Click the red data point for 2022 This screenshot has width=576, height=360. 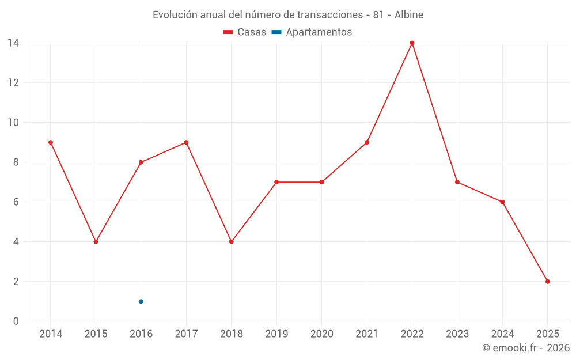(x=412, y=43)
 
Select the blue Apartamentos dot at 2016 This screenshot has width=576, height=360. (x=141, y=301)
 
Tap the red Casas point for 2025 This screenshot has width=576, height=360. (x=547, y=282)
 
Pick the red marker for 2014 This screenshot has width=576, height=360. (x=51, y=142)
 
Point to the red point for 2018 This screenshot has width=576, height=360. (x=231, y=242)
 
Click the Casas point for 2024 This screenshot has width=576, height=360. (x=502, y=202)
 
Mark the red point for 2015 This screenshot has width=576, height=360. (x=96, y=242)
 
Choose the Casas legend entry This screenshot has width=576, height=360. (x=245, y=32)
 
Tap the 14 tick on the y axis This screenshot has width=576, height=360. (x=13, y=43)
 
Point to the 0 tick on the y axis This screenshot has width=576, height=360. (x=16, y=321)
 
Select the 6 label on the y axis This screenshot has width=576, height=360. (x=16, y=202)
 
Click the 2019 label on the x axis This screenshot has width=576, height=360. (x=276, y=334)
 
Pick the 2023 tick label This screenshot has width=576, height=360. (x=457, y=334)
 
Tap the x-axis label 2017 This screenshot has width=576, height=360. (x=186, y=334)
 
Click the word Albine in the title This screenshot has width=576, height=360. (x=409, y=15)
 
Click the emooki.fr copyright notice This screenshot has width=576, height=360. (x=525, y=348)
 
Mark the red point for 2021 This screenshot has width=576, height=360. (x=367, y=142)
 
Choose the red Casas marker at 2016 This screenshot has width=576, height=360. (x=141, y=162)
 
